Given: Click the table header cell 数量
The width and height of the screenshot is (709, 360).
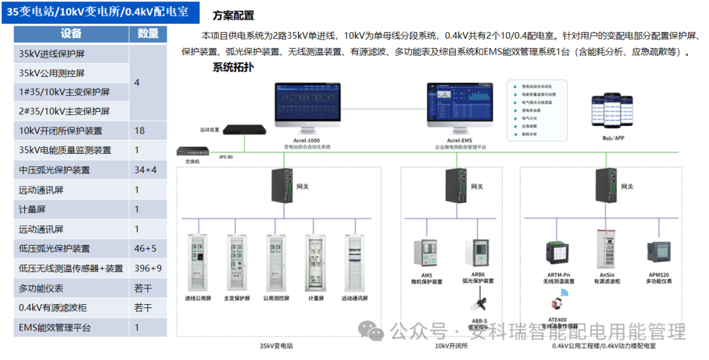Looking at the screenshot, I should click(x=148, y=34).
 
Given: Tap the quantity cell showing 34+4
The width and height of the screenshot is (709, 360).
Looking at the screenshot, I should click(x=146, y=170).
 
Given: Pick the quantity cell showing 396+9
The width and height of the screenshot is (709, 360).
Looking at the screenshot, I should click(x=148, y=269).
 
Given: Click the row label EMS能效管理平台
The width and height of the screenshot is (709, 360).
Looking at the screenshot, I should click(x=55, y=328).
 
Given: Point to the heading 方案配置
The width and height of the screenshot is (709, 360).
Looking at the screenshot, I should click(x=233, y=16).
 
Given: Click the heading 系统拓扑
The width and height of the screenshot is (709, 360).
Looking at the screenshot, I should click(x=233, y=67).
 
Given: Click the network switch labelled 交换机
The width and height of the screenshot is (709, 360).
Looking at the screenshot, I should click(x=192, y=152).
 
